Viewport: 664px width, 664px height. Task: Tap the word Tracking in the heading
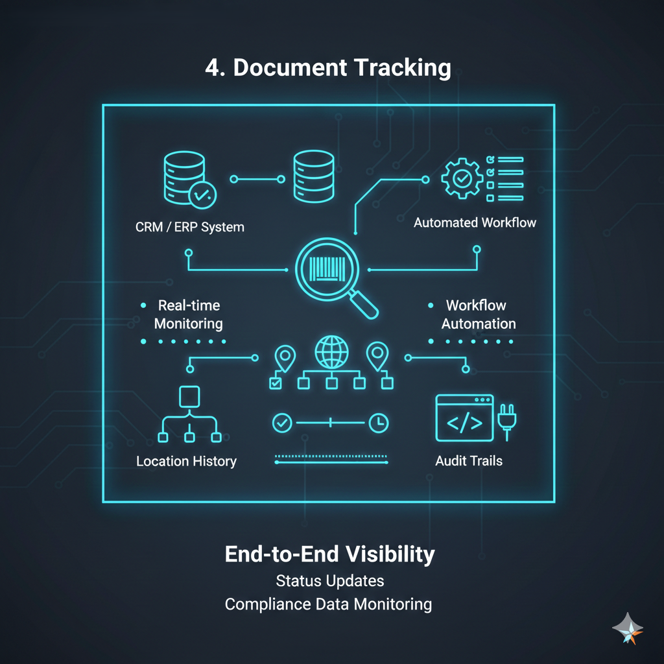398,68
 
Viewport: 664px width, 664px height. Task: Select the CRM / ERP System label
190,227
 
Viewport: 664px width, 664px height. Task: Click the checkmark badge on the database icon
202,193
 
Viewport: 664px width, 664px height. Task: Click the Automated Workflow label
475,222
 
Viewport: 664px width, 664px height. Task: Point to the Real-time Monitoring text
188,314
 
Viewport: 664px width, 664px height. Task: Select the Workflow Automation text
478,314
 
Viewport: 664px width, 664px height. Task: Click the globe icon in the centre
331,352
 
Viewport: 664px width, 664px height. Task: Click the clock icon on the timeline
378,423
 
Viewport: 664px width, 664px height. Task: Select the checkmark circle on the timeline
282,423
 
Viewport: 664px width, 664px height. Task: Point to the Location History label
186,462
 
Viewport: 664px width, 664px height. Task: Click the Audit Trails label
469,462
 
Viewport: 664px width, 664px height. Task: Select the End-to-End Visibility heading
329,554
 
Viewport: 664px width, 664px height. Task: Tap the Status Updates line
329,580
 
